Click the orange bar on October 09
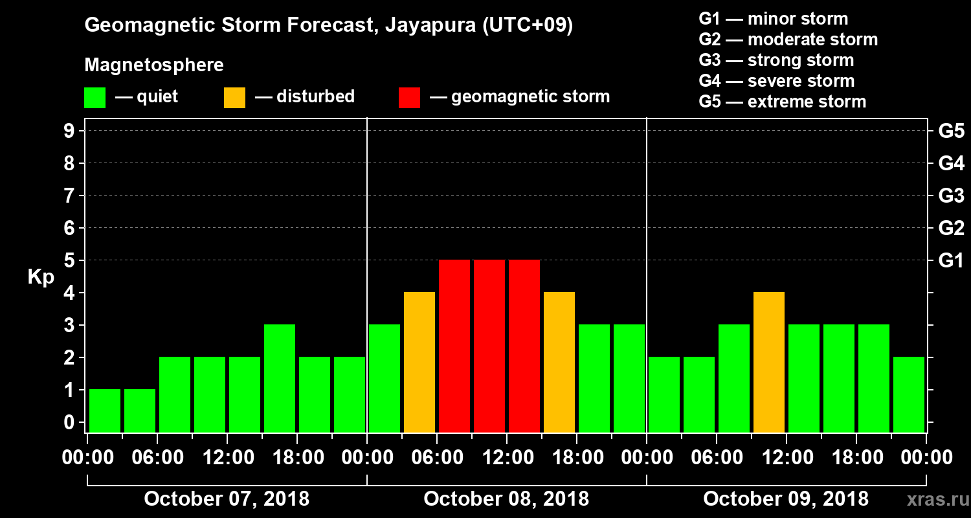click(769, 362)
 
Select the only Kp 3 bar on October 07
click(280, 378)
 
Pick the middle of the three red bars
click(489, 346)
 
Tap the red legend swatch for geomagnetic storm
click(409, 98)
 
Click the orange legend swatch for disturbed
click(234, 98)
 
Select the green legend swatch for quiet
click(95, 98)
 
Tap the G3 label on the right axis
click(951, 196)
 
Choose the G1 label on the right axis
click(951, 261)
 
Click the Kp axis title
click(41, 277)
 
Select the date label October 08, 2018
click(506, 499)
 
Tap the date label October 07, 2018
click(227, 499)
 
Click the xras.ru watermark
click(932, 500)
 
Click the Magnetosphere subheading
click(154, 65)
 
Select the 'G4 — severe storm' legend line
click(776, 81)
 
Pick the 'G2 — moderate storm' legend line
click(788, 39)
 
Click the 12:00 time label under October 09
click(786, 458)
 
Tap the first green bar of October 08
click(385, 378)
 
